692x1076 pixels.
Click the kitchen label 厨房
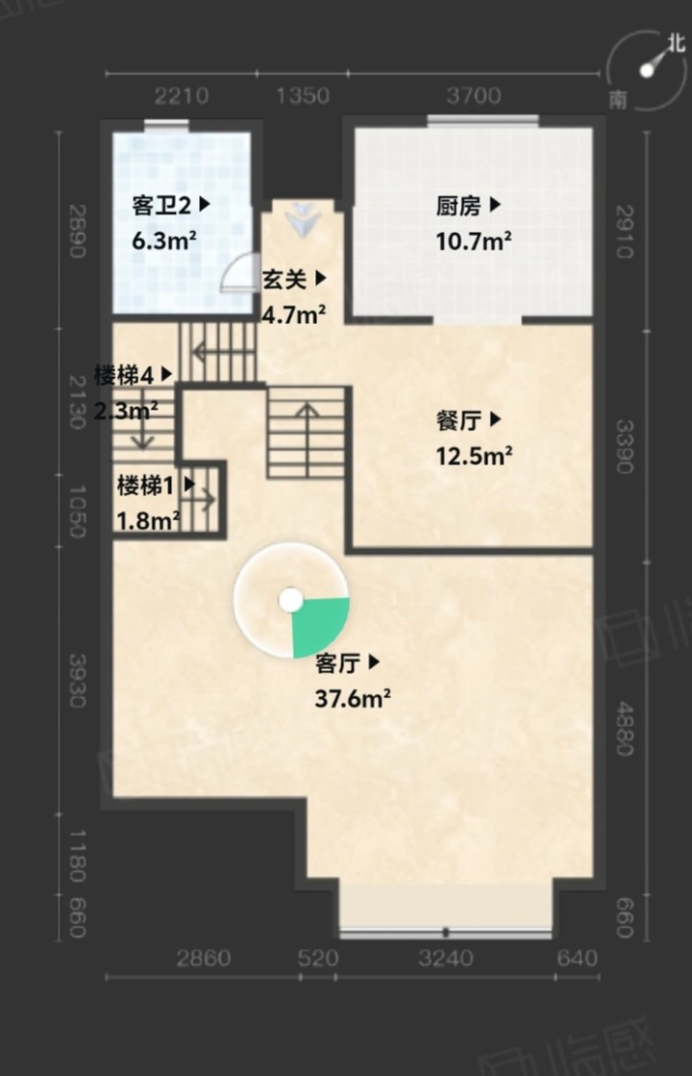tap(458, 205)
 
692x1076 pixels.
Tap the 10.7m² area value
tap(474, 240)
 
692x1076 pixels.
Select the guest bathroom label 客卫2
tap(161, 205)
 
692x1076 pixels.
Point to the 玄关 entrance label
tap(284, 279)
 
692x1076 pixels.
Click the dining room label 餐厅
tap(458, 420)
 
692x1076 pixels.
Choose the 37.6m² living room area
tap(353, 698)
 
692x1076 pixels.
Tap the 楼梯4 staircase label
tap(123, 375)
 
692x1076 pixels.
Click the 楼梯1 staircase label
tap(145, 486)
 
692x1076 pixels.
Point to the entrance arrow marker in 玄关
tap(303, 219)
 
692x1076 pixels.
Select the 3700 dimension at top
tap(473, 95)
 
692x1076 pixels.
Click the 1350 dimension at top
tap(303, 95)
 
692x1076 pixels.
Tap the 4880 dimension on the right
tap(624, 728)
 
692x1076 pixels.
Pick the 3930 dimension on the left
tap(77, 680)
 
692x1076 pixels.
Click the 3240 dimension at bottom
tap(446, 958)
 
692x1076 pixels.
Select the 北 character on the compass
tap(677, 43)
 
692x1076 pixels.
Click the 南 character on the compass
tap(618, 100)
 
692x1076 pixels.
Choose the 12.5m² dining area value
tap(475, 456)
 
